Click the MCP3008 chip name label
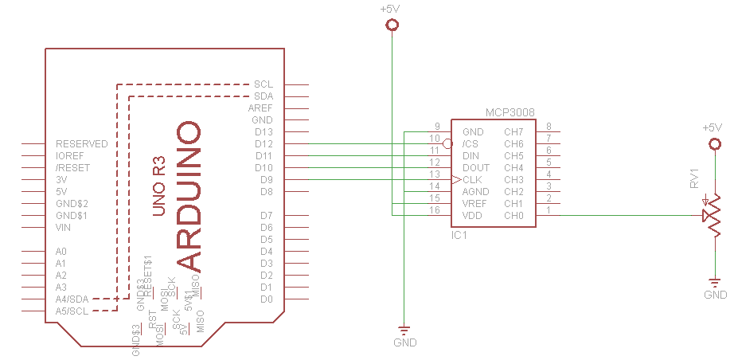point(510,113)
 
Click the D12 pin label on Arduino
point(264,144)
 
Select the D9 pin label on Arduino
point(266,180)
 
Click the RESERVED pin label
point(81,144)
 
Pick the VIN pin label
point(64,227)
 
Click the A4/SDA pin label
point(72,299)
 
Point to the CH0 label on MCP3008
point(513,215)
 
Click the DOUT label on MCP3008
point(475,167)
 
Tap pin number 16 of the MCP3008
point(434,210)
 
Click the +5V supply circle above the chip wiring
point(391,25)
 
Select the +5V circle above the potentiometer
point(714,144)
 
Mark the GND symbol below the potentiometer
point(714,282)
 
